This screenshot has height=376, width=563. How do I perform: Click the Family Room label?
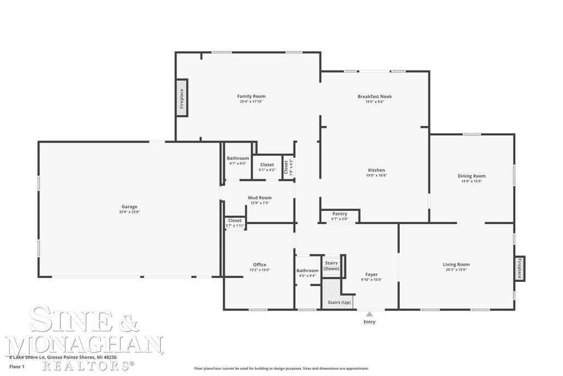251,96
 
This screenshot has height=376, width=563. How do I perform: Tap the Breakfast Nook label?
374,96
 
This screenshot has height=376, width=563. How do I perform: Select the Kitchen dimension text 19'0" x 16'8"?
376,176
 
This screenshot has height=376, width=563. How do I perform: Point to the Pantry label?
340,214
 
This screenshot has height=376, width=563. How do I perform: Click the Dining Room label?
472,176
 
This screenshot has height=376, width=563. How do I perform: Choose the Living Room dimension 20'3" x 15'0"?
456,270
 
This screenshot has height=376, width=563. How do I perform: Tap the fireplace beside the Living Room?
520,269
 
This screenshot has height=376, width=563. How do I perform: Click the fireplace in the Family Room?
181,98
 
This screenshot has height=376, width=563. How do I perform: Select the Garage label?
130,207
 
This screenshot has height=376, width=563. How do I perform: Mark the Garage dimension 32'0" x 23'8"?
130,212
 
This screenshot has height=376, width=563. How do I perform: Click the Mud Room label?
260,198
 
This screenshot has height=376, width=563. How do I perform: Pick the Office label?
260,265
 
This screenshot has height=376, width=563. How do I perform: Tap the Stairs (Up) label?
339,303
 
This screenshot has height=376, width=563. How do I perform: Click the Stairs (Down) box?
332,266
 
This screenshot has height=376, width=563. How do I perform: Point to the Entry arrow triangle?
369,314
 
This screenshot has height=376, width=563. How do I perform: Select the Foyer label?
372,274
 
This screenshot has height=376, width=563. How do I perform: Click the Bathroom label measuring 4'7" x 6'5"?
238,159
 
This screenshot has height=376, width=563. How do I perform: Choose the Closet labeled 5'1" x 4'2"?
267,165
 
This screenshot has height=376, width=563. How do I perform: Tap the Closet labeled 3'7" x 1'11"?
235,221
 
